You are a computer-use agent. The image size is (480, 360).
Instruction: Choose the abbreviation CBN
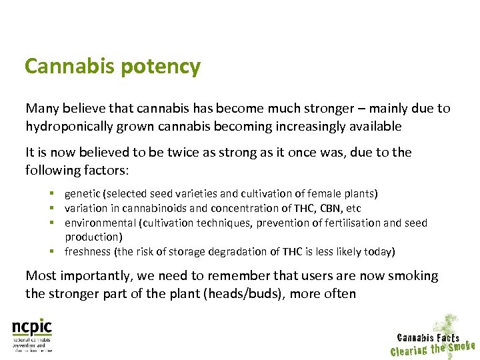[330, 209]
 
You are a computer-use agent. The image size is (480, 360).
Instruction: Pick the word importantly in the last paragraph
[86, 275]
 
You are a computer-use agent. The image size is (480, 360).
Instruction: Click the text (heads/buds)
[244, 293]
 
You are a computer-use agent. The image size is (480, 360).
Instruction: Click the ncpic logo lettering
[31, 327]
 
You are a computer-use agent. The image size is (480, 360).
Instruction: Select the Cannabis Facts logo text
[427, 338]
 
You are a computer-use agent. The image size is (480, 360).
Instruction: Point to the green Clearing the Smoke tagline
[432, 349]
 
